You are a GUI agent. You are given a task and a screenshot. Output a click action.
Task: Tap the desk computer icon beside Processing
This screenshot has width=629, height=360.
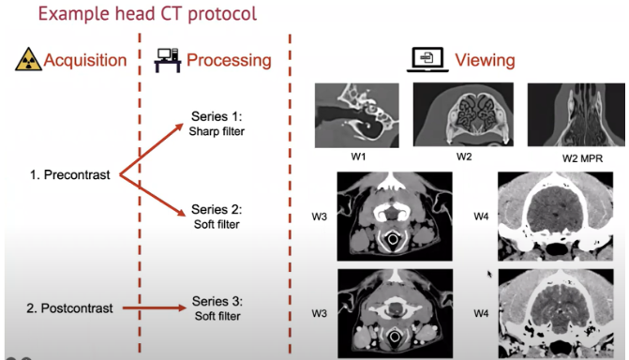coord(168,62)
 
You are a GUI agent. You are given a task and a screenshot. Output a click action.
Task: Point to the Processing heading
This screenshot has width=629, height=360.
coord(229,61)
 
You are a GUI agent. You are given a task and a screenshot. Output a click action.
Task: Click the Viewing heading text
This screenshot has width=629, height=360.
coord(485,61)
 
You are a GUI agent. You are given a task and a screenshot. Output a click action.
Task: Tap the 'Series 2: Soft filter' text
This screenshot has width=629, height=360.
coord(217,217)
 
